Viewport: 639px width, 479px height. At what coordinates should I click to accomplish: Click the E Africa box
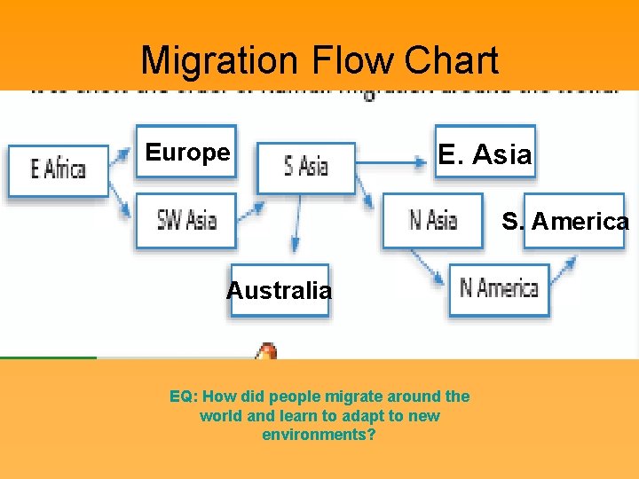click(x=59, y=169)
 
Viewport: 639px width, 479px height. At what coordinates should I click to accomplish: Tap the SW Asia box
click(x=186, y=220)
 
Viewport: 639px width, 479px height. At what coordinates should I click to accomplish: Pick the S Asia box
click(x=306, y=166)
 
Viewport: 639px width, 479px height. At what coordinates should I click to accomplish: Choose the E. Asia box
click(x=484, y=155)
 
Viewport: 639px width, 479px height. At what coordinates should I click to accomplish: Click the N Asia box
click(x=433, y=220)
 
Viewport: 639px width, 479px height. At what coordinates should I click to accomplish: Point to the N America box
click(x=499, y=288)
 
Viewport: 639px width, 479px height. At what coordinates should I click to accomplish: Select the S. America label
click(x=564, y=221)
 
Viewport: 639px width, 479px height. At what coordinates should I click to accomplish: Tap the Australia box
click(x=279, y=290)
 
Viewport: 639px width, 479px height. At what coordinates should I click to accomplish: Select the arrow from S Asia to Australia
click(x=296, y=229)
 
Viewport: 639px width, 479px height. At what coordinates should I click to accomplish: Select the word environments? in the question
click(x=319, y=436)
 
